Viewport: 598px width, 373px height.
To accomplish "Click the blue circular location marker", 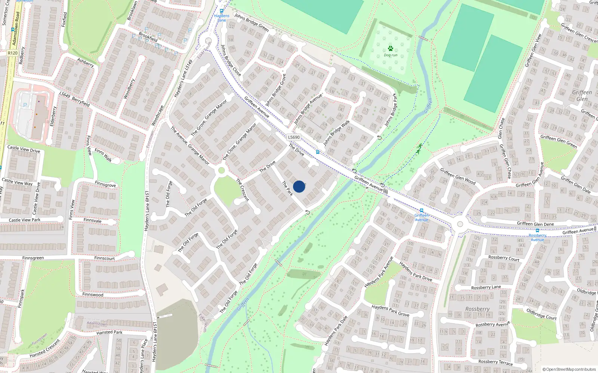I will (x=299, y=186).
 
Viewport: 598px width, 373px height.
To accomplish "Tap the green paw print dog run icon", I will (x=391, y=48).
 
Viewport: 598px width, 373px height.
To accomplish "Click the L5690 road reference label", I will (x=294, y=137).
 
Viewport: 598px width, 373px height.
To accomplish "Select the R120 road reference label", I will (x=12, y=53).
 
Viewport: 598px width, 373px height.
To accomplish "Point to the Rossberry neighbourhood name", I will (x=477, y=309).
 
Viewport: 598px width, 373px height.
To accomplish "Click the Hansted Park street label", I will (x=109, y=332).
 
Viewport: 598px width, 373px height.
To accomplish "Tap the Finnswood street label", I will (x=93, y=295).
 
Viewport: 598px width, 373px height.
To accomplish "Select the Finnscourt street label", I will (x=105, y=258).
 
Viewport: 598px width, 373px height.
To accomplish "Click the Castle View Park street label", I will (x=25, y=220).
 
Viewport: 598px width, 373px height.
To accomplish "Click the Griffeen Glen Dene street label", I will (x=535, y=224).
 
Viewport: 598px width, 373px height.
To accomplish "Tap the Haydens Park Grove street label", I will (x=390, y=310).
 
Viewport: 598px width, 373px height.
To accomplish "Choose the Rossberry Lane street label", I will (x=486, y=287).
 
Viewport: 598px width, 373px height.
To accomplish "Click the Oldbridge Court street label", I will (x=541, y=314).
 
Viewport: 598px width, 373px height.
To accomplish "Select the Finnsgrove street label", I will (x=105, y=184).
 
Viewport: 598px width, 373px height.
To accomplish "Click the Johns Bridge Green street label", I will (x=252, y=22).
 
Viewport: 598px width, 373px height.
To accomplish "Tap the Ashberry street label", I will (x=86, y=63).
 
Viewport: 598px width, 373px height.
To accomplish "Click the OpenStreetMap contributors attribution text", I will (x=569, y=369).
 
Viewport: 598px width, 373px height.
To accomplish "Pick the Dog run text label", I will (x=391, y=55).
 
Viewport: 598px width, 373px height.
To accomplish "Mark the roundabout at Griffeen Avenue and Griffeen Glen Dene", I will (x=460, y=224).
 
